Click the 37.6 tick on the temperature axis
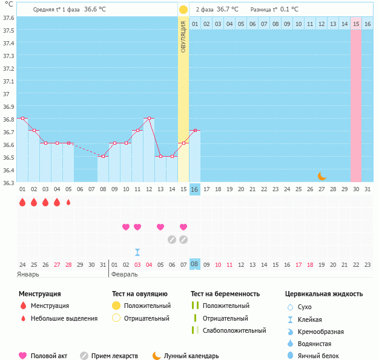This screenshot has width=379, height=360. (8, 18)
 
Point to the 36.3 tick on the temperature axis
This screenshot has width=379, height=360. (8, 182)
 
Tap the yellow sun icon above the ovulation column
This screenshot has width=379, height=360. (183, 10)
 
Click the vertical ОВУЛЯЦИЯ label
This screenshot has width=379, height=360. (183, 37)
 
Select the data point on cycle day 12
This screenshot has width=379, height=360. (149, 118)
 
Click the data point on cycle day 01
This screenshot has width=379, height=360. (22, 118)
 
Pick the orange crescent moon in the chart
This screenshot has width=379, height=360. (322, 176)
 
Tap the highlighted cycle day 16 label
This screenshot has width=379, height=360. (195, 189)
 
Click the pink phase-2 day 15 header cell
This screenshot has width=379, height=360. (356, 24)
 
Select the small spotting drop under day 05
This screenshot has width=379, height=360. (68, 202)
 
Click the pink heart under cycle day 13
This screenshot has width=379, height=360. (160, 227)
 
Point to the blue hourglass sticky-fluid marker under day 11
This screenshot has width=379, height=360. (137, 252)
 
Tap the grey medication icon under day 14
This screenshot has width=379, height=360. (172, 239)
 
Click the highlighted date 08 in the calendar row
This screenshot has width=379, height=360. (195, 264)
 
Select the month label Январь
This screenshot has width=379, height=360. (28, 274)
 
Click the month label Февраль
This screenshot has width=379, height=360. (125, 274)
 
